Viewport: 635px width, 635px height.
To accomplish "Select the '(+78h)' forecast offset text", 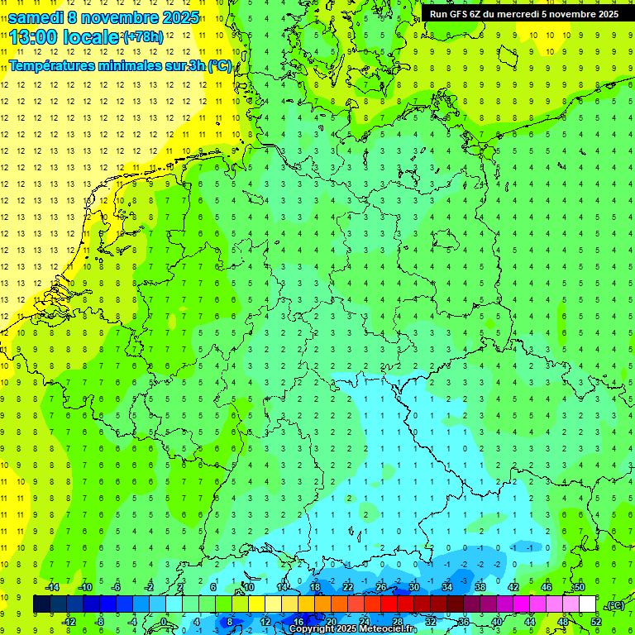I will tap(143, 37).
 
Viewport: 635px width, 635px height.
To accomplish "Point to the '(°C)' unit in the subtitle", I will tap(219, 66).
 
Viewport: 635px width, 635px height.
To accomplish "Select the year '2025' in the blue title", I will tap(180, 17).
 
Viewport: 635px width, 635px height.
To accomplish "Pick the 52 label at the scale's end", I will tap(596, 622).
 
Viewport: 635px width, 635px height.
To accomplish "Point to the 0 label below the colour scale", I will tap(165, 622).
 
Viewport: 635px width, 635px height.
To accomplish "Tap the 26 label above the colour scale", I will tap(380, 587).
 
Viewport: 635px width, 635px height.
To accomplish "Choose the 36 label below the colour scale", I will tap(464, 622).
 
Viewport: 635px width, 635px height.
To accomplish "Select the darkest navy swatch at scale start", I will tap(41, 604).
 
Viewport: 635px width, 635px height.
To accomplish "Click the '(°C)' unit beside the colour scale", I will tap(615, 605).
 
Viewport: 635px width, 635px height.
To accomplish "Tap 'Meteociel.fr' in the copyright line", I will tap(388, 629).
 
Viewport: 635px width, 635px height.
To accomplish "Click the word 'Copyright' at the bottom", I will tap(312, 629).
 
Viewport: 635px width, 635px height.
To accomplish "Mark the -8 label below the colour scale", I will tap(99, 622).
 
